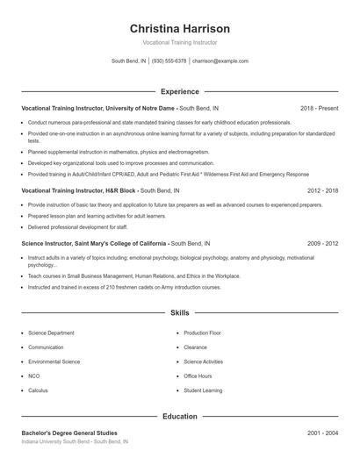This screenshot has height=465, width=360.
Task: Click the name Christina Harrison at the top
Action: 179,28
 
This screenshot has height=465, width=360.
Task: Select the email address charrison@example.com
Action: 220,61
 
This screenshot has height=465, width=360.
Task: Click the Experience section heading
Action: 179,91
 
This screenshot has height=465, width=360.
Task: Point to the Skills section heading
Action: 179,312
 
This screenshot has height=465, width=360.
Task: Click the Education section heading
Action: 179,417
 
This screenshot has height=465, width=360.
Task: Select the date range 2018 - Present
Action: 319,108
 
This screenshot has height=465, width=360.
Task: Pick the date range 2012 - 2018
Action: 322,190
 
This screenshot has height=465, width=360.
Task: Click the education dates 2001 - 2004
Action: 322,433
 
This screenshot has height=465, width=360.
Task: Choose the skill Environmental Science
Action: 54,361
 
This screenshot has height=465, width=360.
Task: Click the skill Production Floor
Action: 202,333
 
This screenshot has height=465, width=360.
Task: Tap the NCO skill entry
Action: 34,376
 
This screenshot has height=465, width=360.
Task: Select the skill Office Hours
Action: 198,376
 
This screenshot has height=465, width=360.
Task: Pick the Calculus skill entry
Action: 38,390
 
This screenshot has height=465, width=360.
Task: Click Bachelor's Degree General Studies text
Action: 68,433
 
